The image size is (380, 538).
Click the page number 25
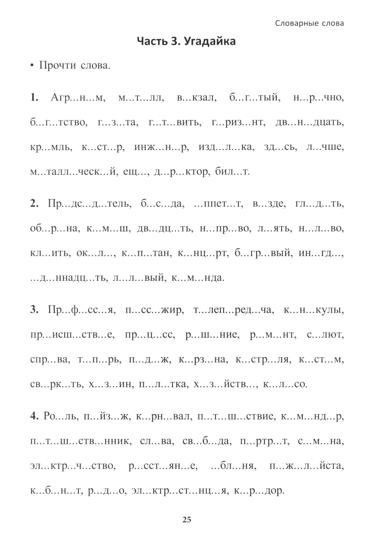[x=187, y=519]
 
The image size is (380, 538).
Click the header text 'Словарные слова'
[x=309, y=23]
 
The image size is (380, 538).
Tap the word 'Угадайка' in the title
[x=209, y=41]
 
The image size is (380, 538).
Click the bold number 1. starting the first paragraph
[x=34, y=98]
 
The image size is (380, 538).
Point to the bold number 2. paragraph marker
[x=34, y=204]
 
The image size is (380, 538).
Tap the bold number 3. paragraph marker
[x=34, y=310]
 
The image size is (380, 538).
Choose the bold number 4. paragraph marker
[x=34, y=416]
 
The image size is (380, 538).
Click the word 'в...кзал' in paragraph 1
[x=196, y=98]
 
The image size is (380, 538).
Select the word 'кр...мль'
[x=51, y=147]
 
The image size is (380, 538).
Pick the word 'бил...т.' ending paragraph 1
[x=232, y=171]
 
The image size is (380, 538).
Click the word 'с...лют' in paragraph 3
[x=325, y=335]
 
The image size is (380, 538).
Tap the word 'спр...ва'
[x=50, y=359]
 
